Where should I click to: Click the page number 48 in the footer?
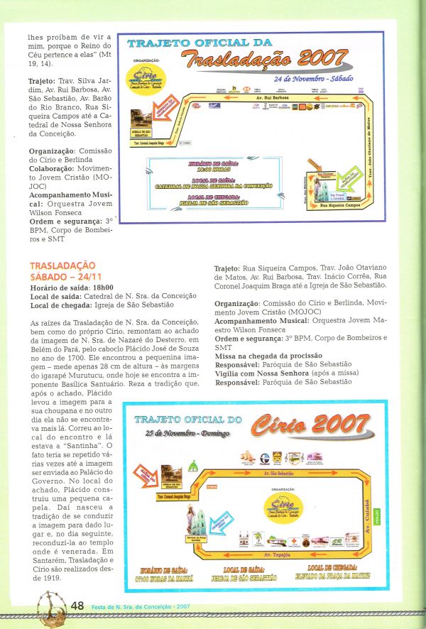pos(77,606)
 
